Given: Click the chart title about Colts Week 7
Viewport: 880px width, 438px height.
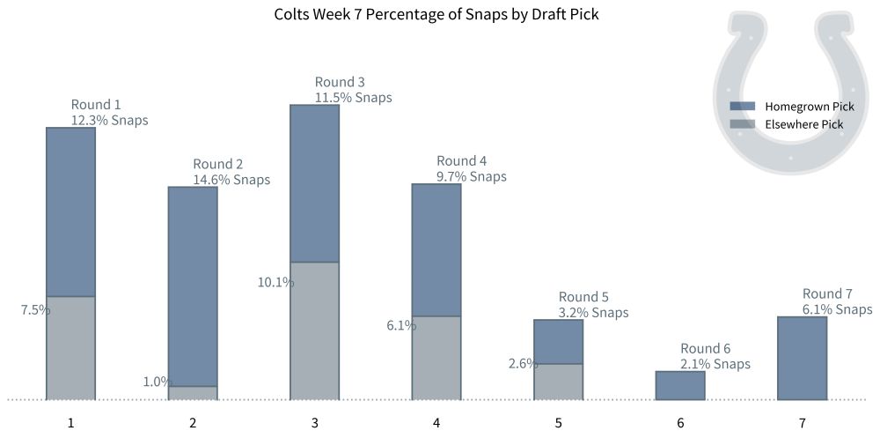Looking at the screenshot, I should click(436, 14).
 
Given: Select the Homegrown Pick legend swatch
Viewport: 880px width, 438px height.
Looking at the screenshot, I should click(743, 106).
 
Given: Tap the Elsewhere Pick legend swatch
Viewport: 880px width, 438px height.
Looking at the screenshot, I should click(743, 124).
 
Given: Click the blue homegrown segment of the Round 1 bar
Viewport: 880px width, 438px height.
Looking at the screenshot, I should click(70, 212).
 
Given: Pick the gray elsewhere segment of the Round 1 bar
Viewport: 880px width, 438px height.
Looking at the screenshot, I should click(70, 348).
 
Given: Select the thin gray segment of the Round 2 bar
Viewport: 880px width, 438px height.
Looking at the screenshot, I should click(193, 393).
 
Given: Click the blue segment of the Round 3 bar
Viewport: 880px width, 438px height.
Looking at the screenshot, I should click(314, 183).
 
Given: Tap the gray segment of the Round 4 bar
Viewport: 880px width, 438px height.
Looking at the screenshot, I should click(436, 358).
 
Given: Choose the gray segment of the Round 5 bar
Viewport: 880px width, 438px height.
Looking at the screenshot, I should click(558, 382).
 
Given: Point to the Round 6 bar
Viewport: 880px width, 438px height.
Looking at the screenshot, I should click(680, 386).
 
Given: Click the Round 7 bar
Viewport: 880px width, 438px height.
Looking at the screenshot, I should click(803, 358).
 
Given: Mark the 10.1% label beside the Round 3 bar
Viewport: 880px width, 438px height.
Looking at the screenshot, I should click(275, 283).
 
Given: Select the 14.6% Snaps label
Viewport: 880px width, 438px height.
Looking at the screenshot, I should click(231, 180).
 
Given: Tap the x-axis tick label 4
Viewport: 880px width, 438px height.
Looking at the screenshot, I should click(436, 423).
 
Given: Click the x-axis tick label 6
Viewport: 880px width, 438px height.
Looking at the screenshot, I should click(680, 423).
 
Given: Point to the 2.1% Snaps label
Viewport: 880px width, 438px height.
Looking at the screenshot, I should click(715, 364).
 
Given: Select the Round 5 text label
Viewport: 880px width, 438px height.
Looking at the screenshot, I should click(583, 297).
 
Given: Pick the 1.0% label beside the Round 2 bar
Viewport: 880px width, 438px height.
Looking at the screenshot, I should click(156, 382).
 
